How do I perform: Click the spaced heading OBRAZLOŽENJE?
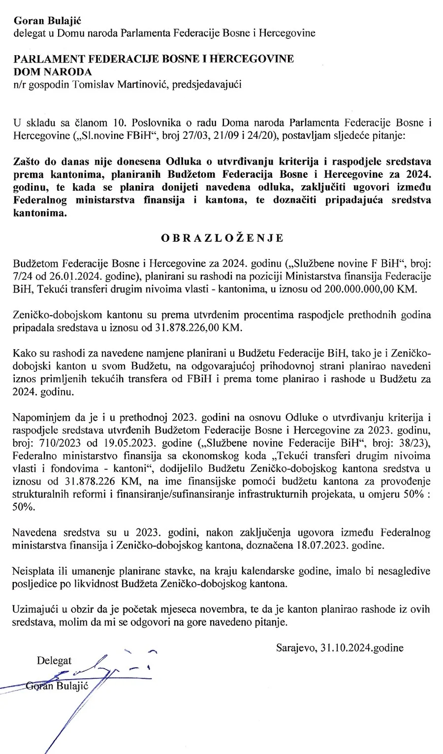[x=222, y=238]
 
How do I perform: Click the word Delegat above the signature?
[x=54, y=660]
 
